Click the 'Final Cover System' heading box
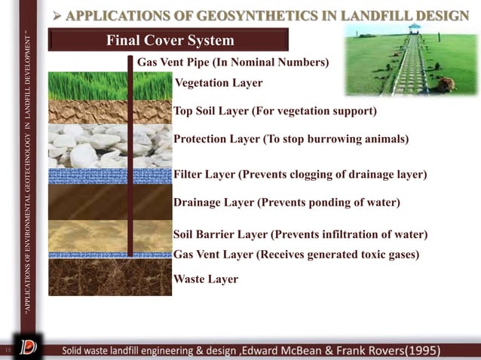click(169, 40)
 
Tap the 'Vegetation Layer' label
click(218, 82)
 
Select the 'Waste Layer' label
click(206, 279)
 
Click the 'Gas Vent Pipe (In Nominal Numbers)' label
click(232, 62)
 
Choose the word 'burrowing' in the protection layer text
click(342, 139)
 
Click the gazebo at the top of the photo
click(414, 29)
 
